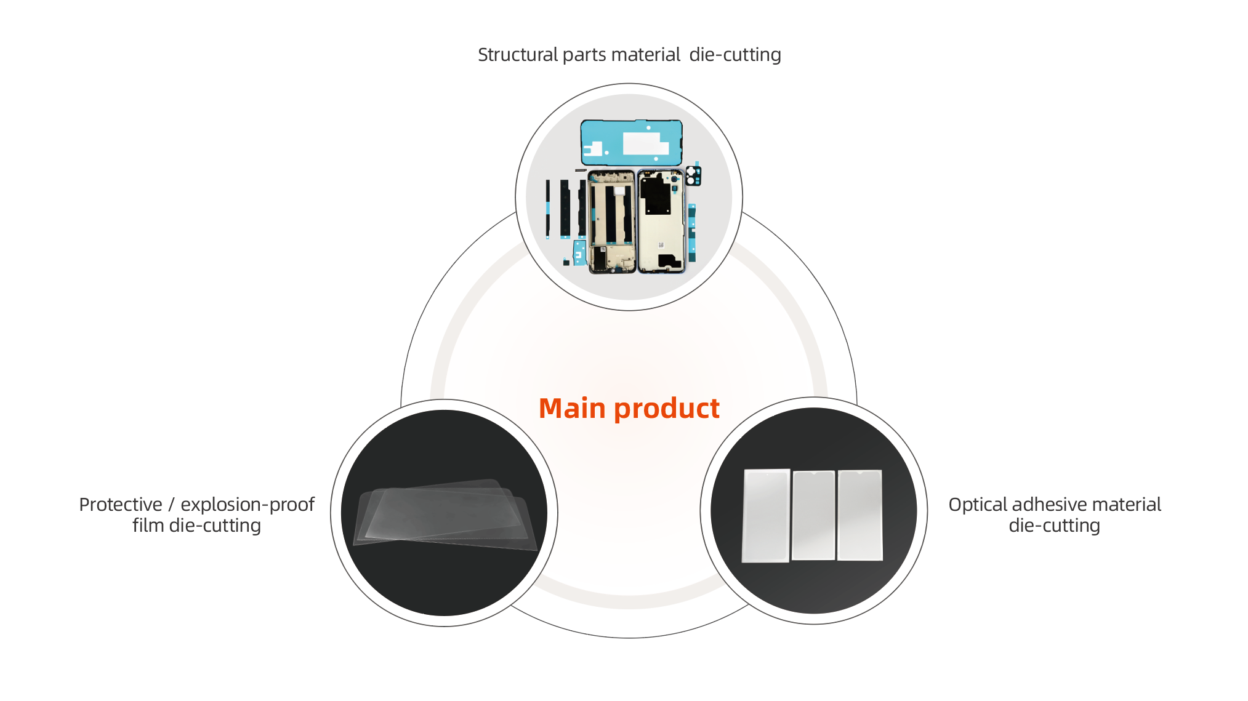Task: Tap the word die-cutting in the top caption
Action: tap(735, 55)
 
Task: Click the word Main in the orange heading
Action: tap(571, 409)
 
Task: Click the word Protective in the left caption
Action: tap(120, 505)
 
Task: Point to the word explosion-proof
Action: tap(247, 505)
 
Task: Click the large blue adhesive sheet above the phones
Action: tap(631, 143)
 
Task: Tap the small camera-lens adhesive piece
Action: tap(693, 175)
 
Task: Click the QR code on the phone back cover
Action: tap(661, 246)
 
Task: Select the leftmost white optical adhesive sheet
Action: tap(766, 516)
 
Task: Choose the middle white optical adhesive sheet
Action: tap(813, 516)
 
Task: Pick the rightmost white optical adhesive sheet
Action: tap(860, 516)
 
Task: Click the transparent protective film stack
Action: tap(443, 515)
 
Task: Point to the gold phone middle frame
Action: tap(611, 222)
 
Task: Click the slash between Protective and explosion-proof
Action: tap(171, 505)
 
